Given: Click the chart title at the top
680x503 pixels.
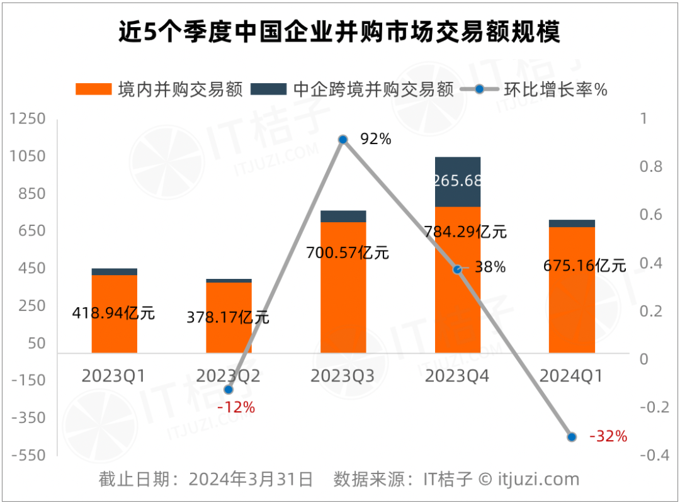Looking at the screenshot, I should tap(339, 31).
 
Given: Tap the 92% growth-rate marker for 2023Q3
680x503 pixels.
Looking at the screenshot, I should tap(343, 139).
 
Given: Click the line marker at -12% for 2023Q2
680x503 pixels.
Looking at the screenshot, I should tap(228, 390).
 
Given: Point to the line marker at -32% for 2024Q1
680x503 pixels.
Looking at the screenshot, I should tap(572, 437).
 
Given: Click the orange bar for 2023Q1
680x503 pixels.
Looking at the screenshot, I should tap(114, 327).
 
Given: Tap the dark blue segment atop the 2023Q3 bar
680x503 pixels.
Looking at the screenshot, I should tap(343, 216).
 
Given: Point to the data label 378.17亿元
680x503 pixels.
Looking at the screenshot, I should tap(228, 317).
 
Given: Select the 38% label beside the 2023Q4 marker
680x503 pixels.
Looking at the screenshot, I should tap(490, 267).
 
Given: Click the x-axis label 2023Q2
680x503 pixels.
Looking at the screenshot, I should tap(228, 376).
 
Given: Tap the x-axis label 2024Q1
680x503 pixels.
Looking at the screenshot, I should tap(571, 376).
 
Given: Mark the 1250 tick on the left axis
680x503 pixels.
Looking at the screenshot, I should tap(28, 119).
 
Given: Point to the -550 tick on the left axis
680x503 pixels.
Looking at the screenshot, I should tap(28, 455).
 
